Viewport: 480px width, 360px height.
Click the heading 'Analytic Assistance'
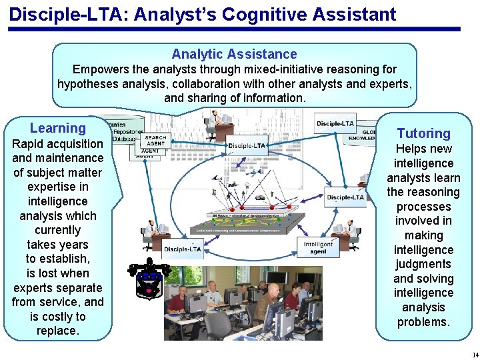234,55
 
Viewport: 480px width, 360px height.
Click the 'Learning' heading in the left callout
58,128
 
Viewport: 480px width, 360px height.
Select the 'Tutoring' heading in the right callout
423,133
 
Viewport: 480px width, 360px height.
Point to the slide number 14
474,354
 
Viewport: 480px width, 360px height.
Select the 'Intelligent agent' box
318,248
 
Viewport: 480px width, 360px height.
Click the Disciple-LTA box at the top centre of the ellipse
247,145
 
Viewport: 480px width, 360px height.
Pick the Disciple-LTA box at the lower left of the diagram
181,249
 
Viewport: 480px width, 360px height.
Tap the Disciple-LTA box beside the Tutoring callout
345,197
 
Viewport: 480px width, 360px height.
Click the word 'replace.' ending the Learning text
58,331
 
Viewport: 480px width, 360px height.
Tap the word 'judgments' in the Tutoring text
423,264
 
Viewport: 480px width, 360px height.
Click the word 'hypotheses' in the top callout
86,84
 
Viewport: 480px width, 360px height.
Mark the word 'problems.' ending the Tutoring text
423,322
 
